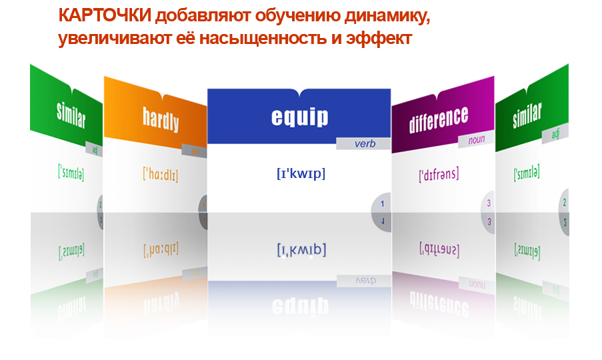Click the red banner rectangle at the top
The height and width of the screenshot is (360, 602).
coord(243,27)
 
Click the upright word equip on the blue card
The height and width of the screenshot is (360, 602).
coord(299,117)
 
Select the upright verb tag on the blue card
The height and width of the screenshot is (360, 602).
coord(364,143)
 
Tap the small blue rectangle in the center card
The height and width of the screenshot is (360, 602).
coord(301,175)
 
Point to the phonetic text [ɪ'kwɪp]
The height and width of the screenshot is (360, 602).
coord(301,251)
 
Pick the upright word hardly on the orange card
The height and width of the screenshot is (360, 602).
coord(161,120)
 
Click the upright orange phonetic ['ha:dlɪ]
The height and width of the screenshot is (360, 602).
coord(161,175)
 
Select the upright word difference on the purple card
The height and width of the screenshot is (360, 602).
coord(439,119)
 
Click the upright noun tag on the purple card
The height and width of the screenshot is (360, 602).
coord(476,140)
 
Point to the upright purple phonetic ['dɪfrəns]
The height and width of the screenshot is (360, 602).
coord(439,175)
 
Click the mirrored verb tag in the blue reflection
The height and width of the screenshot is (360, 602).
coord(364,281)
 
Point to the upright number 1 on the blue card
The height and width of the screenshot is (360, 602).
coord(382,204)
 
